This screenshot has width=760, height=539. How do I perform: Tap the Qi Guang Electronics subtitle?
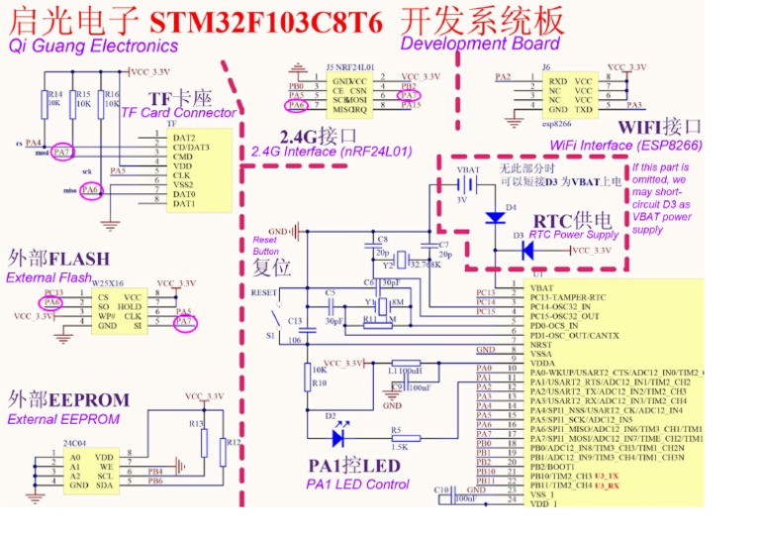[x=94, y=46]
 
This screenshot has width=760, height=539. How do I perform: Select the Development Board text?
[x=480, y=44]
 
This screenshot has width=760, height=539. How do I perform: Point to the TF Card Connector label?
[x=178, y=113]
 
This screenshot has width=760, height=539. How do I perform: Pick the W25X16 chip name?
[x=108, y=282]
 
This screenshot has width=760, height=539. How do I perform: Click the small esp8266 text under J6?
[x=557, y=126]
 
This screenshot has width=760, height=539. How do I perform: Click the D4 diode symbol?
[x=494, y=217]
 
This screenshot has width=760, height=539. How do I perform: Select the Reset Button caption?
[x=265, y=246]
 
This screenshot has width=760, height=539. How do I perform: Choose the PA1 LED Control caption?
[x=358, y=484]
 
